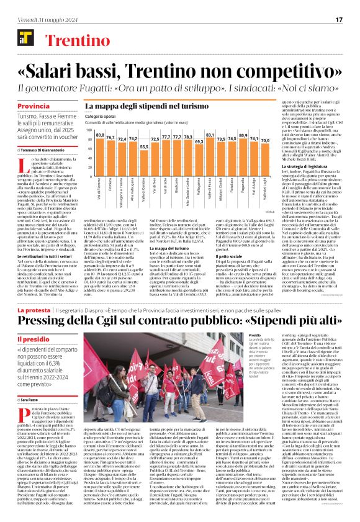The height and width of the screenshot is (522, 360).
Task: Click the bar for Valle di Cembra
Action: coord(145,164)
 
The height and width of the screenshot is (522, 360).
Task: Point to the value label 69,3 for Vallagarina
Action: coord(199,142)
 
